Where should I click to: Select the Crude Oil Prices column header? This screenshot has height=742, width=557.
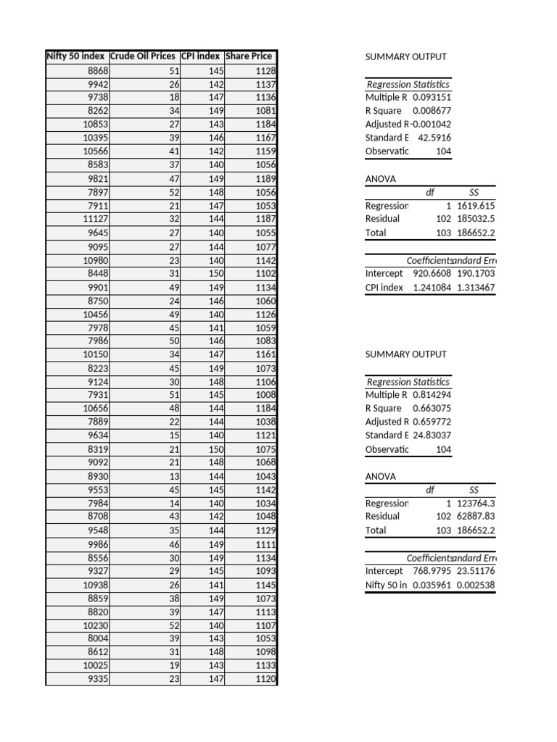click(142, 57)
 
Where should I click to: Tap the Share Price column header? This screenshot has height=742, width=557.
click(249, 57)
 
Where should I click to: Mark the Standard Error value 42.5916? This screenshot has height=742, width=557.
click(434, 138)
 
